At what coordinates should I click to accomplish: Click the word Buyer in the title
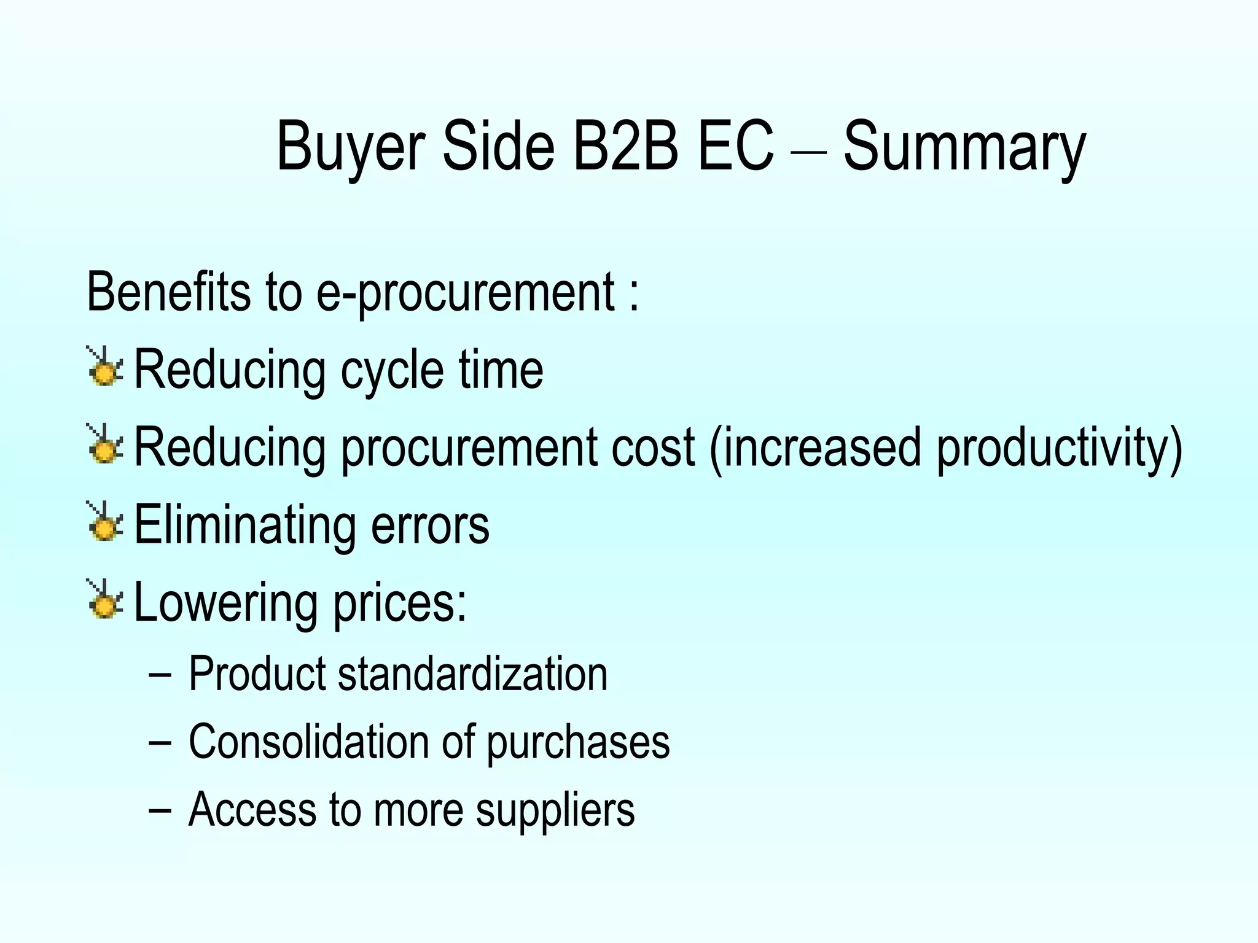(x=351, y=147)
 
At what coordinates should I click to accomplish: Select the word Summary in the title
(x=964, y=147)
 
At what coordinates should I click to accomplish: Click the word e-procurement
(x=465, y=293)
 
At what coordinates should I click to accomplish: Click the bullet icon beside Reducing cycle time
(x=105, y=368)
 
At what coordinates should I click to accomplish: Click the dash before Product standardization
(x=160, y=676)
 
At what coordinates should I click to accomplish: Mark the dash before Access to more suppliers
(x=160, y=811)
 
